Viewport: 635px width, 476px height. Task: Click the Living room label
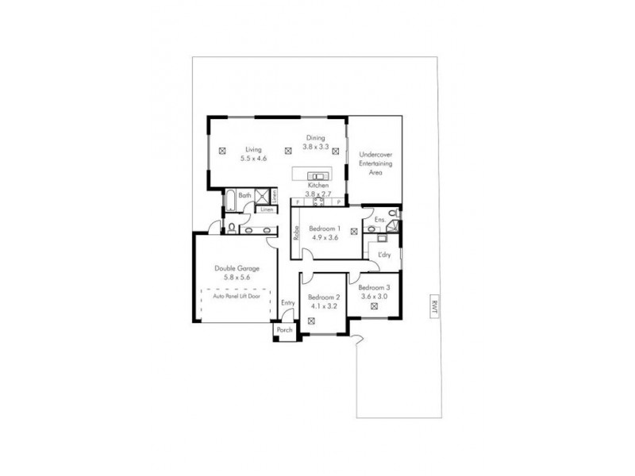253,149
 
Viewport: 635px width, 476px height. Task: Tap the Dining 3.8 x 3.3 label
317,142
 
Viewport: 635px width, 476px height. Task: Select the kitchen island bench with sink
316,176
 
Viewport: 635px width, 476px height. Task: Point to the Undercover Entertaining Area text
375,162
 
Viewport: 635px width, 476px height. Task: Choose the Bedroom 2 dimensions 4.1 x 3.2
323,305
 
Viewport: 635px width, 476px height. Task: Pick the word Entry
287,302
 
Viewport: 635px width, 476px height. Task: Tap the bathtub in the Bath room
228,201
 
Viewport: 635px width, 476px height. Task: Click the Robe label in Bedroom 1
295,233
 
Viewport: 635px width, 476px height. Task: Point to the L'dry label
385,255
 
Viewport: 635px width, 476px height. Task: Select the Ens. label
379,219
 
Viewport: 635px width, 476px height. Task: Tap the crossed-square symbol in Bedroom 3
372,305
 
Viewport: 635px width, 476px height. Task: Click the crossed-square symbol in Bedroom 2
311,321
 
